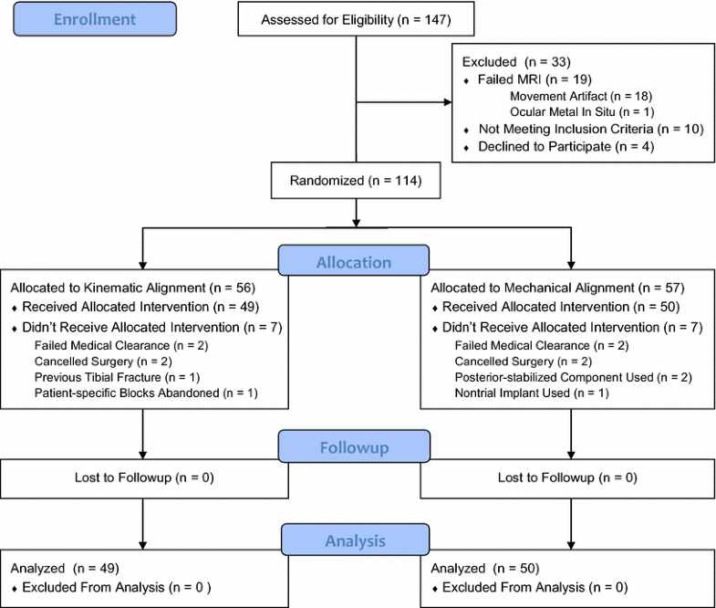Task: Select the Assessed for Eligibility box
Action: [x=354, y=19]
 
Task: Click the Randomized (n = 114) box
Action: [x=354, y=179]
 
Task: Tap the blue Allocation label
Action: [x=354, y=262]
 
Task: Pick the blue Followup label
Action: [x=354, y=448]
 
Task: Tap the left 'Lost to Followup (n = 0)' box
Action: [x=143, y=477]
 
